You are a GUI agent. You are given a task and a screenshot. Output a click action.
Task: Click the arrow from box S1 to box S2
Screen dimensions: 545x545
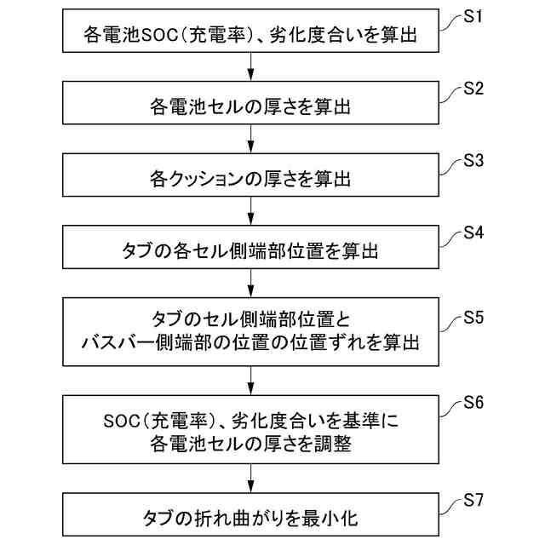click(x=250, y=66)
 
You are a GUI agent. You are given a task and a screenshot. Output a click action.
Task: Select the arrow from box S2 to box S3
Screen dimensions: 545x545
click(x=250, y=138)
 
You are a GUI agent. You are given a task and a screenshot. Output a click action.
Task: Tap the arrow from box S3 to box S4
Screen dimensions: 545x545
click(x=250, y=209)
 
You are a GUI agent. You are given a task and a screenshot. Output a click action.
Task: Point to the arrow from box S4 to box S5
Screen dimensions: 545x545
click(x=250, y=282)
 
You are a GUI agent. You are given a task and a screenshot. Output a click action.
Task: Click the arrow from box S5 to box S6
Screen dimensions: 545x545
click(x=250, y=378)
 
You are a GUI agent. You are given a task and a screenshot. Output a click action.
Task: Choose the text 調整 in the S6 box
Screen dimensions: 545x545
click(x=330, y=444)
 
